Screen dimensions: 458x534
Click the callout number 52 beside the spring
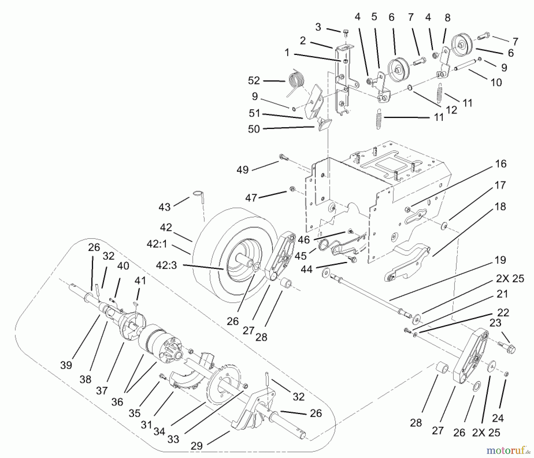[x=254, y=80]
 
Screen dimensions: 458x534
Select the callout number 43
[x=165, y=207]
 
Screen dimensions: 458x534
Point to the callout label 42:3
[x=166, y=265]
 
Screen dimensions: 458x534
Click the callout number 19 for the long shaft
[x=500, y=260]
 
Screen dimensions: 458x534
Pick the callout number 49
[x=242, y=170]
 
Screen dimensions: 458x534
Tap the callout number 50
[x=254, y=129]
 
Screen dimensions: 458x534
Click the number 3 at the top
[x=318, y=27]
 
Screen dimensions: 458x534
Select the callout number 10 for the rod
[x=496, y=82]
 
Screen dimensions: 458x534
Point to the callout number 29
[x=197, y=446]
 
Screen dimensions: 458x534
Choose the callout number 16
[x=501, y=164]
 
